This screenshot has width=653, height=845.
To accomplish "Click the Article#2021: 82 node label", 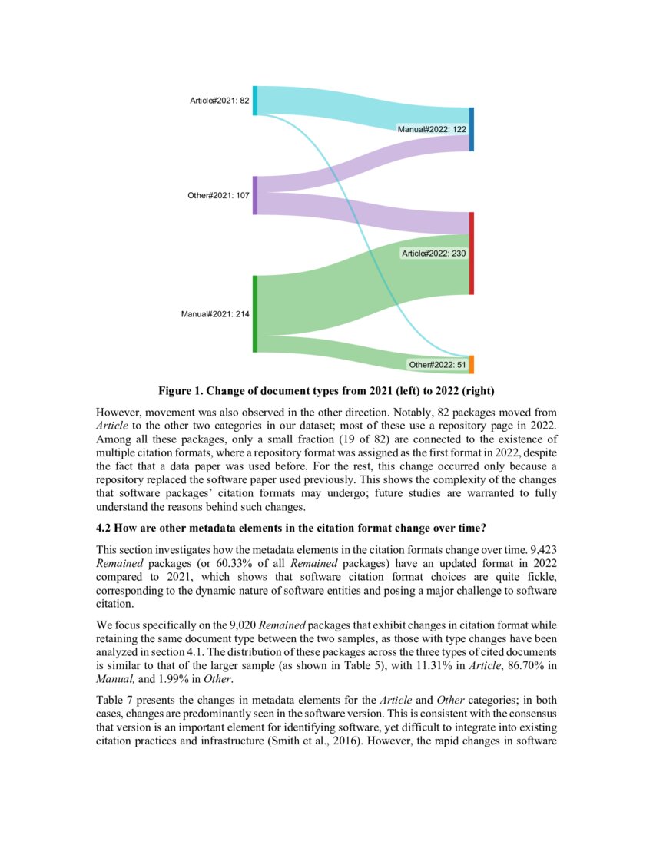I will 219,101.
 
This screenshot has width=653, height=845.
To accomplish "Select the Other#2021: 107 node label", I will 218,195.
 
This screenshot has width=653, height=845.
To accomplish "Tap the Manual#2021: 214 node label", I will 215,313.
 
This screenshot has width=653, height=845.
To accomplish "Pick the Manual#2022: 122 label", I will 432,129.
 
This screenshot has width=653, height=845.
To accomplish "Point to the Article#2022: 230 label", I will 434,253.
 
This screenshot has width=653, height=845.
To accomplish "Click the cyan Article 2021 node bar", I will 255,101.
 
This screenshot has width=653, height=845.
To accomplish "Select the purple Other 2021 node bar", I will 255,195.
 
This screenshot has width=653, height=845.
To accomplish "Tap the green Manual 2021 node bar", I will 255,313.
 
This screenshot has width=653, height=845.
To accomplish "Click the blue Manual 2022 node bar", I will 472,129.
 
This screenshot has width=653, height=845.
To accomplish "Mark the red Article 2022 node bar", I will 472,253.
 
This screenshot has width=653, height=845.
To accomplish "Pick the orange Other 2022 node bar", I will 472,364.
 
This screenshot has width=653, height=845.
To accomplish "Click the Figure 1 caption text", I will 326,390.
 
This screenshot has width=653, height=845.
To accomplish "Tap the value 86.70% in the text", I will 522,667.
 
